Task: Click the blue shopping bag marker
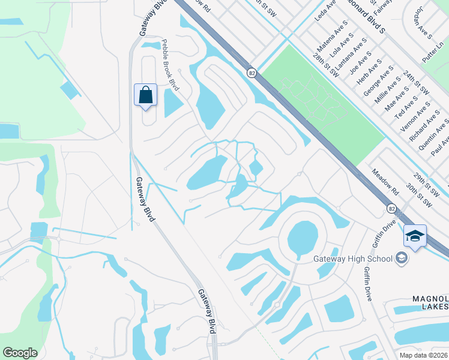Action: (146, 95)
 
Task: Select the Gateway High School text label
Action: (352, 259)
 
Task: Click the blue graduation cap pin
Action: (415, 236)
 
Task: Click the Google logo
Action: (20, 353)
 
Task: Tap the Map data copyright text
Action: (424, 355)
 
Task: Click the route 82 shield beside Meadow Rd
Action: (391, 208)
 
